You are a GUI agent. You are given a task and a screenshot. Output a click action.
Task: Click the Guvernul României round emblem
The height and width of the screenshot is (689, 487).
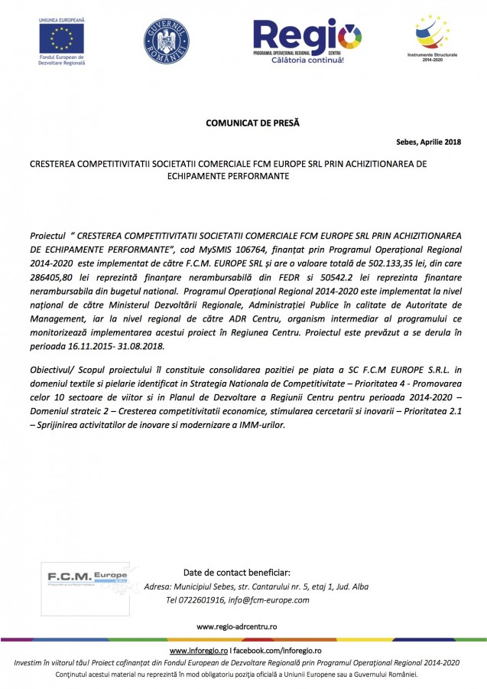(x=166, y=41)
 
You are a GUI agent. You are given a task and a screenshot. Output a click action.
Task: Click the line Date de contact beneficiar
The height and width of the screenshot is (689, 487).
(x=237, y=573)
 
